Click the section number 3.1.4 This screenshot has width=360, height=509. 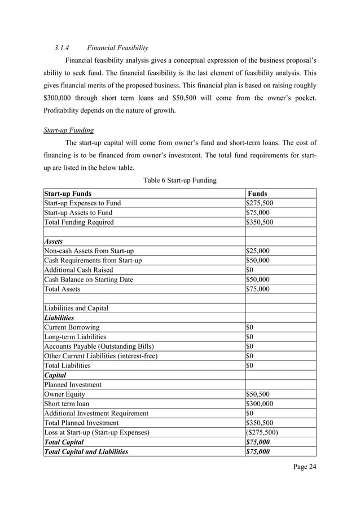tap(62, 47)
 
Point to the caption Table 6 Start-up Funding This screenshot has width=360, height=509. tap(180, 180)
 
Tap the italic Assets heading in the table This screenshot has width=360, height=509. tap(54, 241)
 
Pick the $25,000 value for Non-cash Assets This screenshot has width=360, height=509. tap(258, 251)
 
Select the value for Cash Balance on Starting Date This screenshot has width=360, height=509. tap(258, 279)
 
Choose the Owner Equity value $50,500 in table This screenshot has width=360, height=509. tap(258, 394)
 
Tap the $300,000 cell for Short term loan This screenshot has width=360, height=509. tap(260, 404)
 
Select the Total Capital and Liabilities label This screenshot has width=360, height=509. tap(86, 452)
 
